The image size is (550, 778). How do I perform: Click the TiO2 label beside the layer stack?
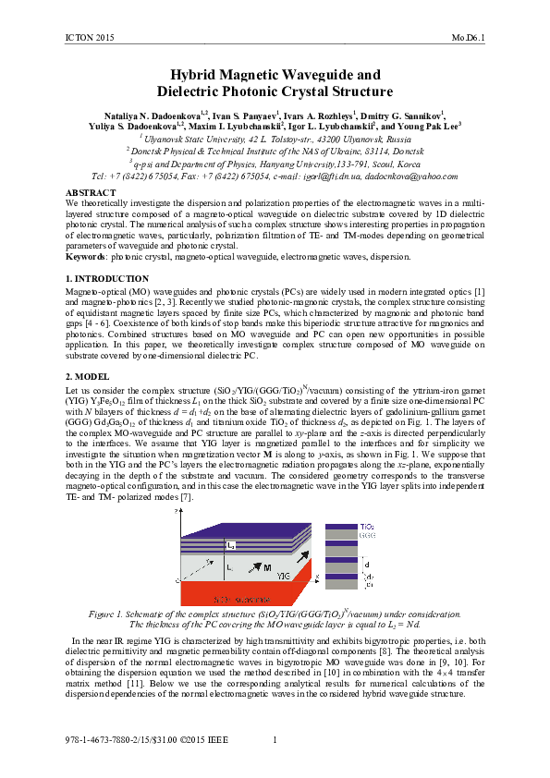point(367,525)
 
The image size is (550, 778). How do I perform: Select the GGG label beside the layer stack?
point(367,535)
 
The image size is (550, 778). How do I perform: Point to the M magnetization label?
point(266,566)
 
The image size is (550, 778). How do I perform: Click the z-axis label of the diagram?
point(177,511)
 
